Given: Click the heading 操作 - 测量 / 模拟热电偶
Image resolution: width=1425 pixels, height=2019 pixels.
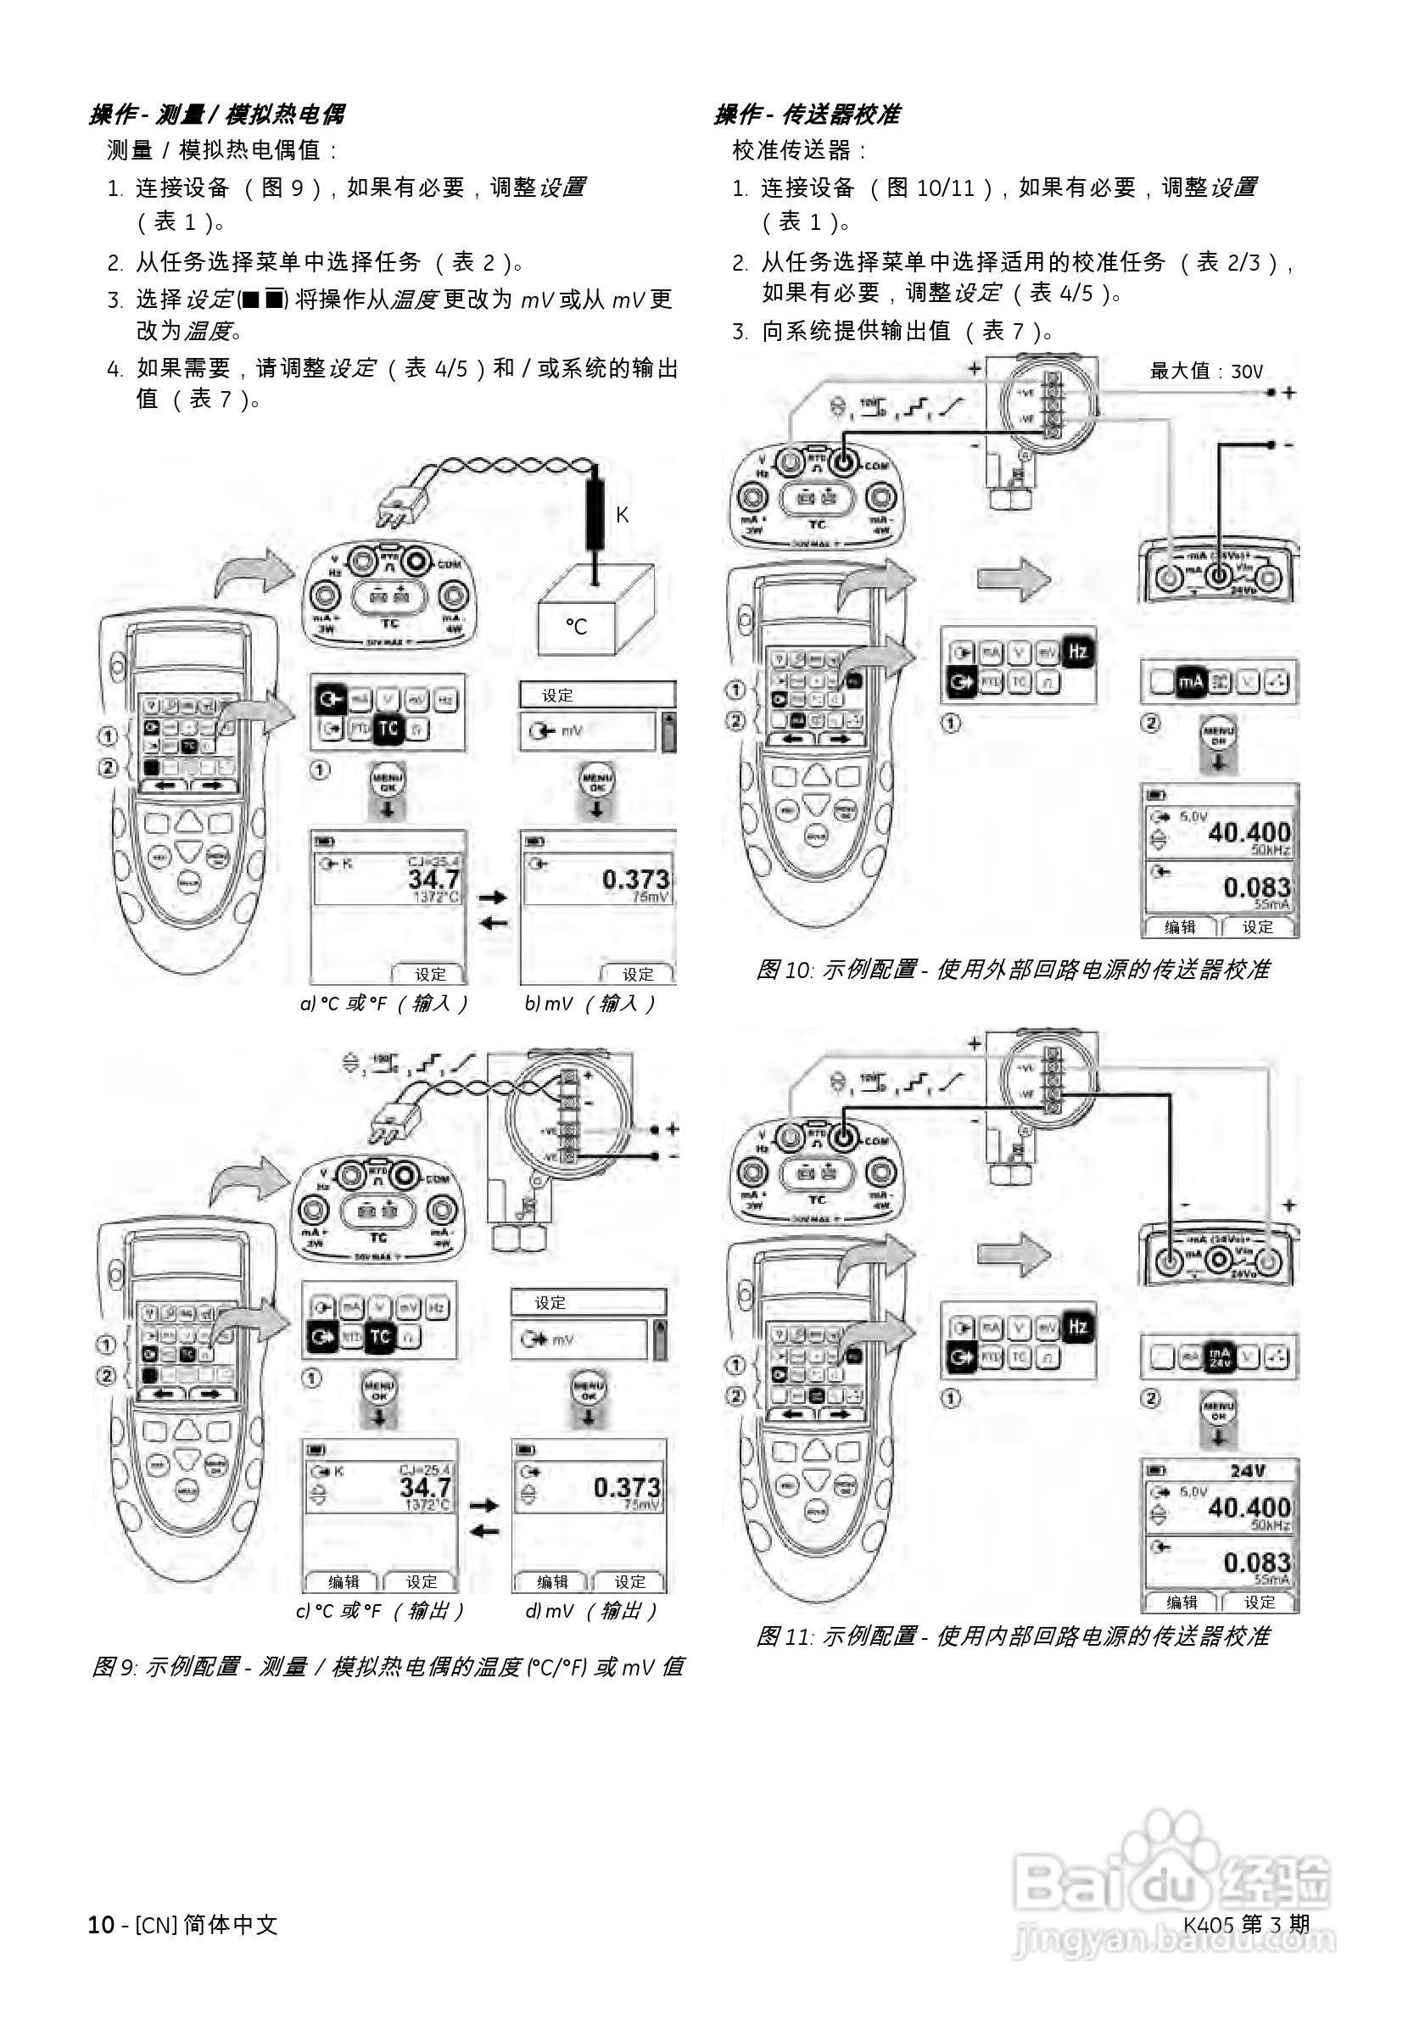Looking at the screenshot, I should point(216,115).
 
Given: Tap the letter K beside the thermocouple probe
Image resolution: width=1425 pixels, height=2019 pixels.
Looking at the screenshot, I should point(622,514).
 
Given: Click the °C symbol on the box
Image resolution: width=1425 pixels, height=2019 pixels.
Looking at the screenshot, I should point(576,626).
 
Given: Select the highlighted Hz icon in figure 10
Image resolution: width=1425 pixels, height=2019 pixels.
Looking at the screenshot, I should point(1077,652).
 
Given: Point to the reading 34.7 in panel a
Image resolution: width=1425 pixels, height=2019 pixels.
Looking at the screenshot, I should point(433,878).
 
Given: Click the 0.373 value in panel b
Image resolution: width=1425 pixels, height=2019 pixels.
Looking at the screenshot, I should point(635,879).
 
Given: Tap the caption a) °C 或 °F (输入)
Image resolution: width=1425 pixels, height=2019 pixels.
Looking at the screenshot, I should point(384,1004).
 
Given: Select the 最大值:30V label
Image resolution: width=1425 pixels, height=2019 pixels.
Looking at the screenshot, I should point(1206,371).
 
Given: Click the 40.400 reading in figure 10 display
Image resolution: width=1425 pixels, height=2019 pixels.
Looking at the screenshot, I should point(1249,832).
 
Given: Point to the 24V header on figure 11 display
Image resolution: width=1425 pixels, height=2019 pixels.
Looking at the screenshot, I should point(1247,1471).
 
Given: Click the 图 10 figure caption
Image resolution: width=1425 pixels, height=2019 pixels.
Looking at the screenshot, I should point(1013,970).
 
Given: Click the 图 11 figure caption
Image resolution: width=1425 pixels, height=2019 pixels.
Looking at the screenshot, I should point(1013,1636).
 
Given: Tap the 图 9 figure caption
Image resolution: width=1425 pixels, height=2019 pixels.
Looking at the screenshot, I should point(388,1667).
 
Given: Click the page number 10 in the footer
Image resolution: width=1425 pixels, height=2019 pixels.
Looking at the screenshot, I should point(100,1925).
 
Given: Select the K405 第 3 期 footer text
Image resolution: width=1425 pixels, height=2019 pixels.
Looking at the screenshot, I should point(1246,1924).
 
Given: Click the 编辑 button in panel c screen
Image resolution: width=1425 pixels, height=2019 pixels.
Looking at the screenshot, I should point(343,1582).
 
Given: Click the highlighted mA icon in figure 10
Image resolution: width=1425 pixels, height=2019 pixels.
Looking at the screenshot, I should point(1190,681).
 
